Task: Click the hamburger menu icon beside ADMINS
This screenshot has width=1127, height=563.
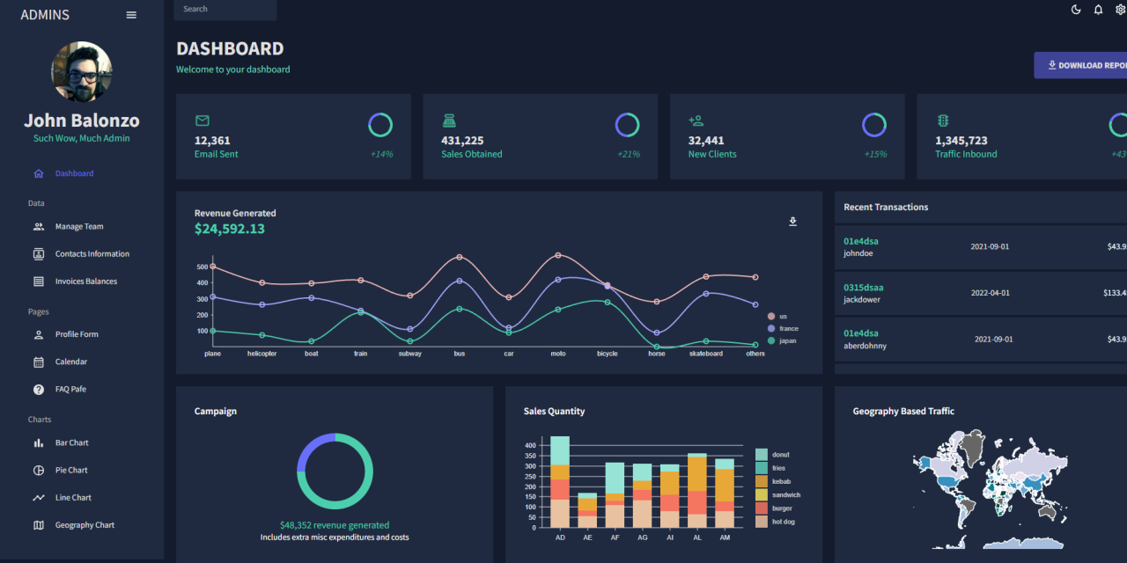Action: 131,15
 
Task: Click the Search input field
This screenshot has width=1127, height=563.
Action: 225,10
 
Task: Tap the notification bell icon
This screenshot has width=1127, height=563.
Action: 1098,10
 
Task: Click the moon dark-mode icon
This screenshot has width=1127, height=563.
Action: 1076,10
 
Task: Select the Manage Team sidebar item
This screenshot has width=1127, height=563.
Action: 78,227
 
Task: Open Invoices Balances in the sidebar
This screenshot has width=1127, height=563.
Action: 85,281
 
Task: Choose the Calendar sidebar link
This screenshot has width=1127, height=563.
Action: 70,362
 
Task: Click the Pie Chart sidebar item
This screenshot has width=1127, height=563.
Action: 71,471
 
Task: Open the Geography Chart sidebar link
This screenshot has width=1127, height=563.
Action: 85,525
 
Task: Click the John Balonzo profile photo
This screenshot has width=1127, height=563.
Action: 82,72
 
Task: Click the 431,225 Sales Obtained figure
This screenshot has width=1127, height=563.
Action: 462,141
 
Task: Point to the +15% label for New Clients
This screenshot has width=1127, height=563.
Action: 875,154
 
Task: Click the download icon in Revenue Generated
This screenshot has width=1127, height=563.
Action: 792,222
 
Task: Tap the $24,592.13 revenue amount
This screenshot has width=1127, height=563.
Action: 230,229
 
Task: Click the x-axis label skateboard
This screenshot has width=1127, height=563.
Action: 705,354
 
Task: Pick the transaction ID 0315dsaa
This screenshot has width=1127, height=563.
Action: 863,288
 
